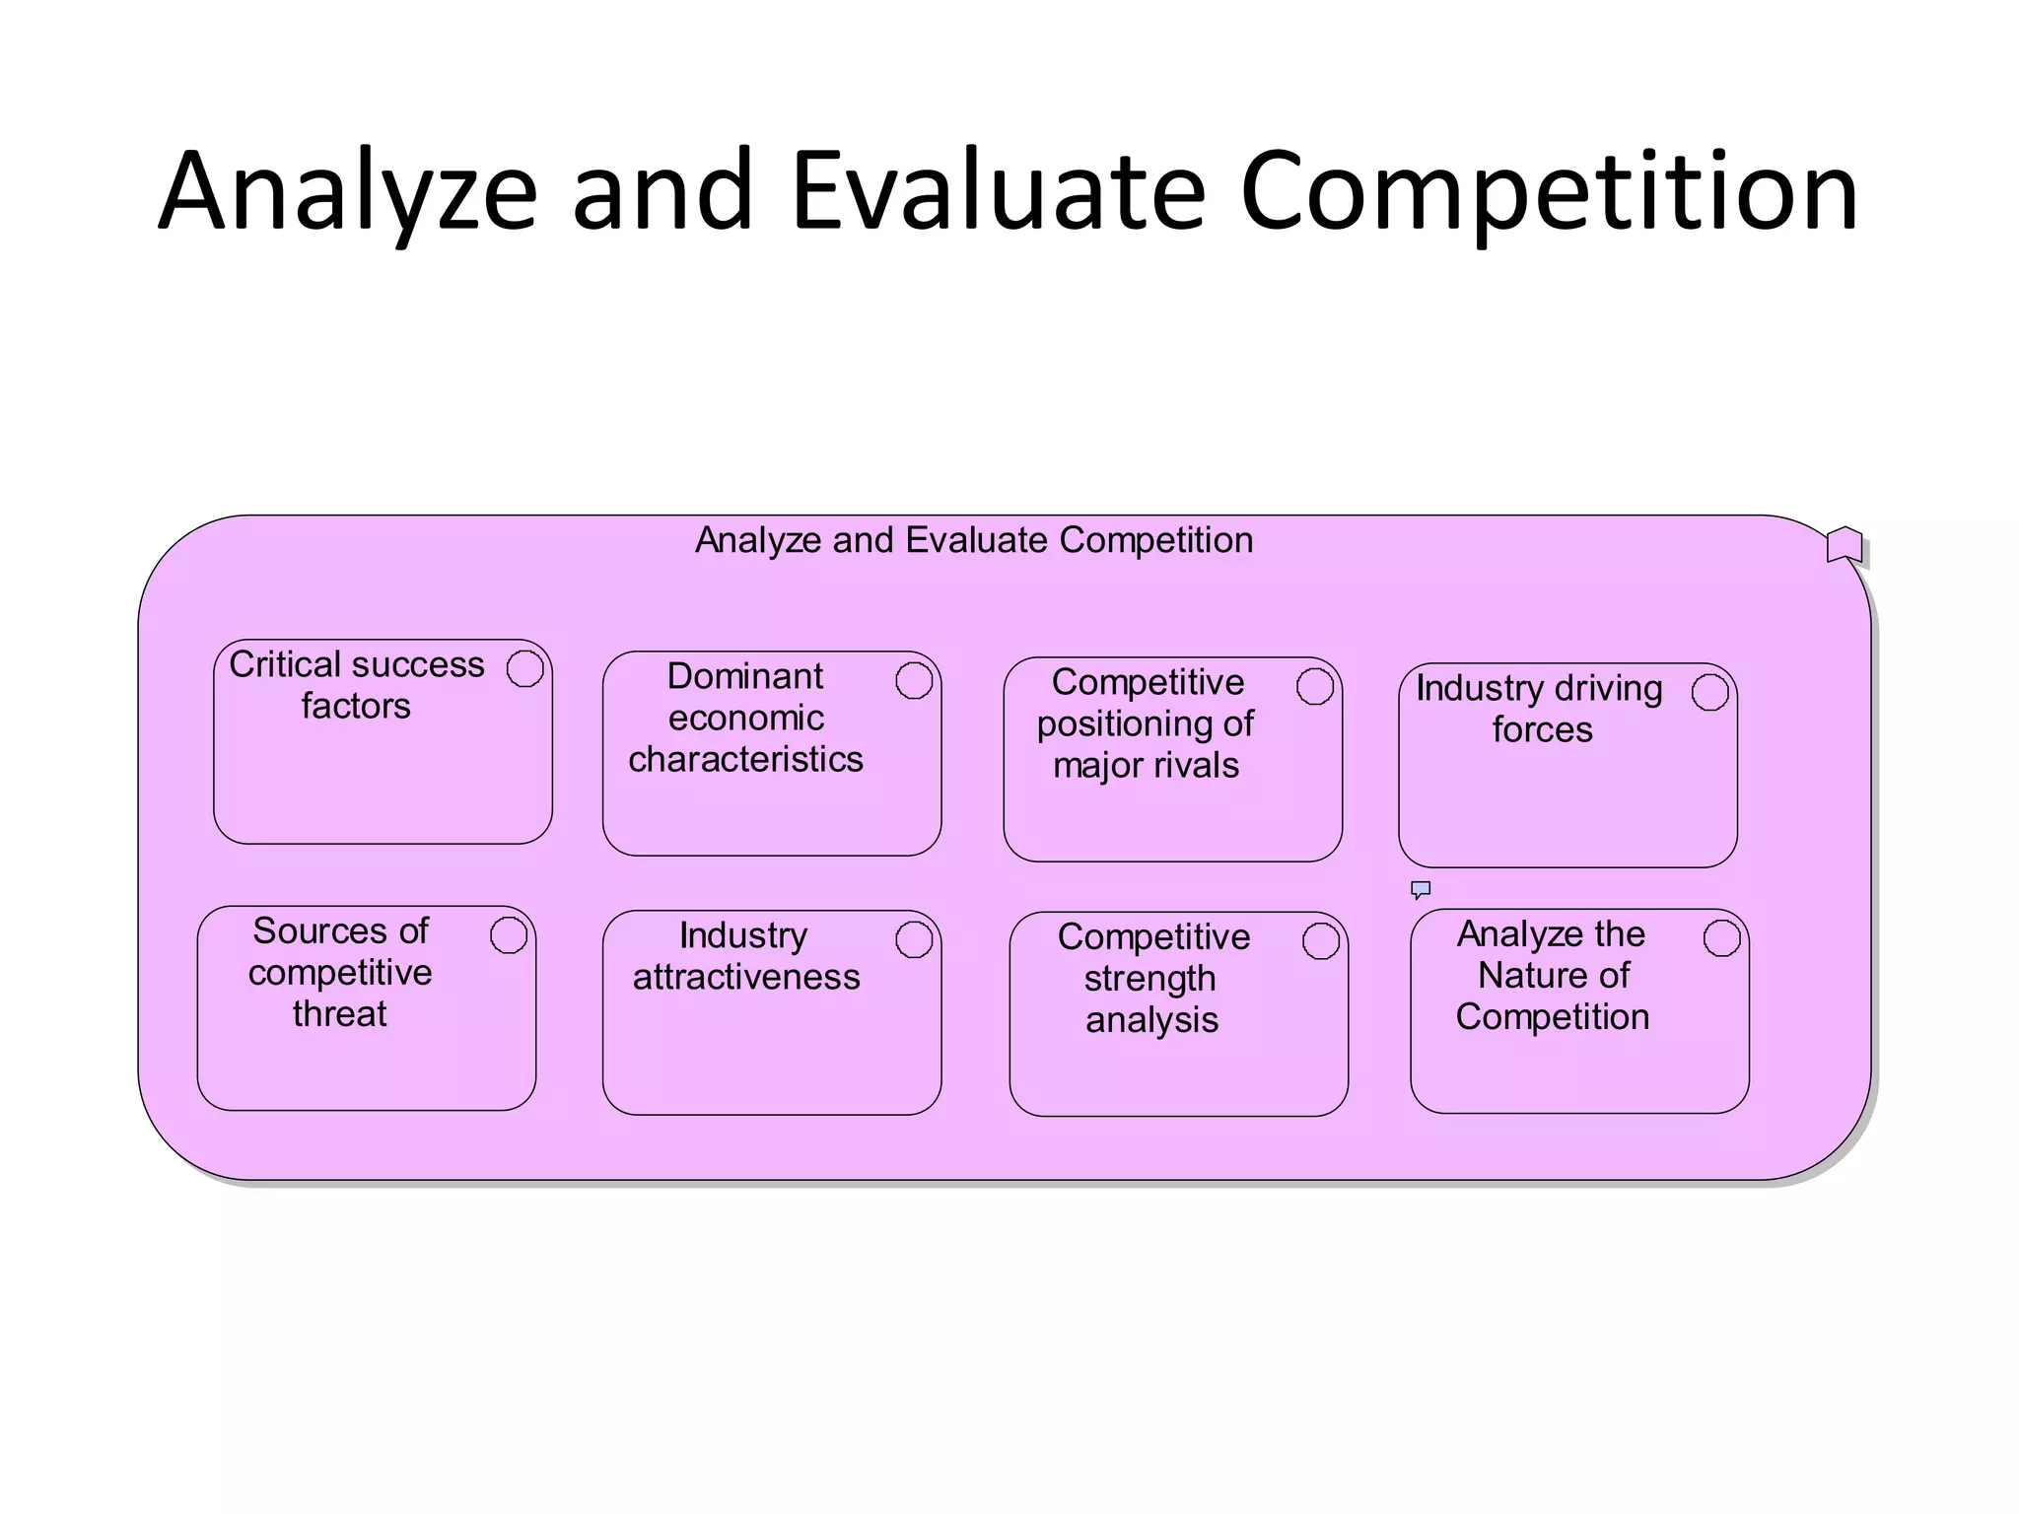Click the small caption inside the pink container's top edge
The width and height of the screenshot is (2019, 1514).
pyautogui.click(x=974, y=540)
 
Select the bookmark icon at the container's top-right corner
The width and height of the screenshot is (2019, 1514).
pyautogui.click(x=1844, y=544)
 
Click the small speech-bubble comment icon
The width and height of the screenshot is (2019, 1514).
pyautogui.click(x=1421, y=890)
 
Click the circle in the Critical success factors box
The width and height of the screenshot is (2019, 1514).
pyautogui.click(x=525, y=668)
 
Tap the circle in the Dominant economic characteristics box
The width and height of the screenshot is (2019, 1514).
pyautogui.click(x=914, y=680)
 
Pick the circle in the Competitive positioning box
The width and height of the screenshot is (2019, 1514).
pyautogui.click(x=1315, y=686)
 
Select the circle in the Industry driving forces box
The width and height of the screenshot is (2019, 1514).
pyautogui.click(x=1710, y=692)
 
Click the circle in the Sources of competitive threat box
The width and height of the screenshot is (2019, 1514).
pyautogui.click(x=509, y=935)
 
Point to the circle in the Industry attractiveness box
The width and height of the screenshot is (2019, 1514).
pyautogui.click(x=914, y=939)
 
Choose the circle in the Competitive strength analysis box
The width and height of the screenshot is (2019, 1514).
pyautogui.click(x=1321, y=941)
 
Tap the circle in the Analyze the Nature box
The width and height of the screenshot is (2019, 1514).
pyautogui.click(x=1722, y=938)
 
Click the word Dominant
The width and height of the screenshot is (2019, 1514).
pyautogui.click(x=744, y=677)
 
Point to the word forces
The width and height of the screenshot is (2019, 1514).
pyautogui.click(x=1542, y=730)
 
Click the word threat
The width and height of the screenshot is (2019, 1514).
pyautogui.click(x=339, y=1014)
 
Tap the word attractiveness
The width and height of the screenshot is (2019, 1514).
pyautogui.click(x=746, y=978)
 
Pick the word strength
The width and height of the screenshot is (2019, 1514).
pyautogui.click(x=1149, y=979)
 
